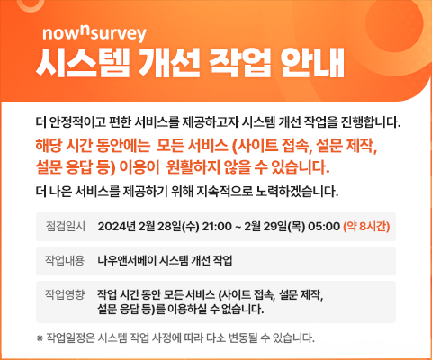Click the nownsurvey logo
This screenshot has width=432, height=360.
[x=94, y=33]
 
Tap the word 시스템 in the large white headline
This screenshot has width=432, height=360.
[x=83, y=63]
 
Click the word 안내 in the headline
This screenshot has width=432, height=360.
[x=313, y=63]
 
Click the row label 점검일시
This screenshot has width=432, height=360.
[x=66, y=226]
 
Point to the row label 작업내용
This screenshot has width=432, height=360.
[x=65, y=260]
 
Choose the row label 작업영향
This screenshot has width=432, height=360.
[x=65, y=294]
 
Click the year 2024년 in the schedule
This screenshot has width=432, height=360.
[x=117, y=226]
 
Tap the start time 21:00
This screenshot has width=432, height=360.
[x=217, y=226]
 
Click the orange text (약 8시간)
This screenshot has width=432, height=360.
[x=366, y=226]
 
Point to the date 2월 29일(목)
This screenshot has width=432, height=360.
[x=274, y=226]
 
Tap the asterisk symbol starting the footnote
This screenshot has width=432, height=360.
[x=40, y=338]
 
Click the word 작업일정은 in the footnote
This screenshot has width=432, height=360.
[x=70, y=338]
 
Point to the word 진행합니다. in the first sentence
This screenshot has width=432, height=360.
[x=371, y=122]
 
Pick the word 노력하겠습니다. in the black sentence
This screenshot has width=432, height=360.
[x=297, y=192]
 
